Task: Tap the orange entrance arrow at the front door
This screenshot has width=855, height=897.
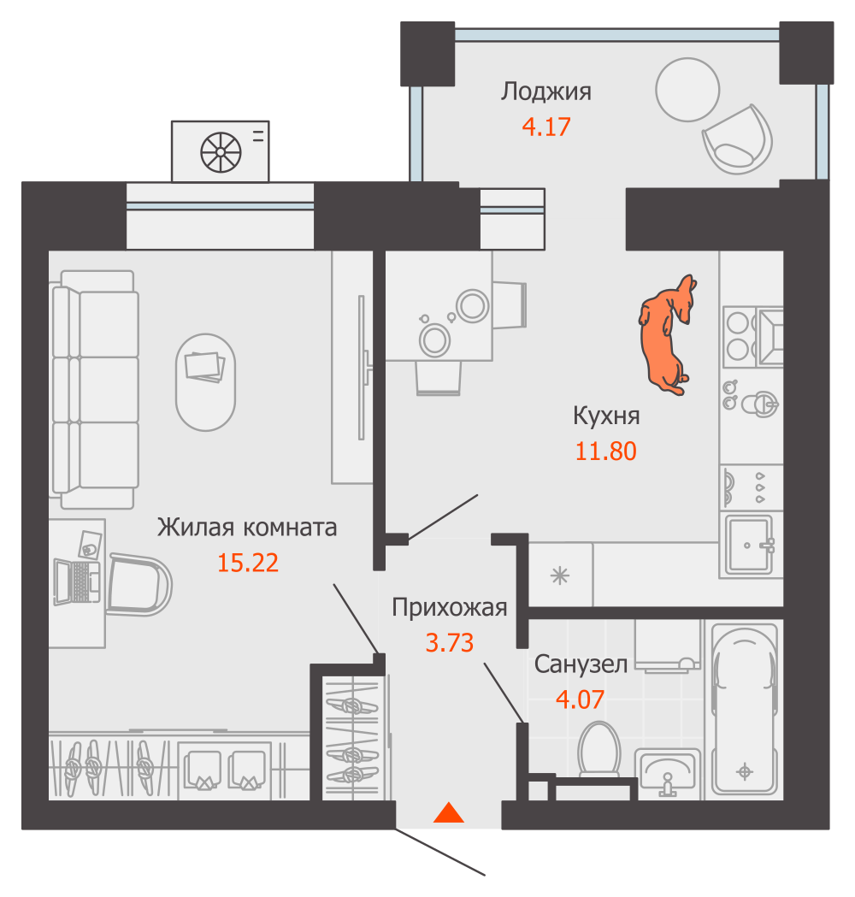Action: [x=449, y=813]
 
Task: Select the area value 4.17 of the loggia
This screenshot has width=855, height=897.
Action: [x=545, y=127]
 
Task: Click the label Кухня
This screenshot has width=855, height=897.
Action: [x=606, y=416]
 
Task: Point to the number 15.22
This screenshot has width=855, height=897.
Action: [x=248, y=563]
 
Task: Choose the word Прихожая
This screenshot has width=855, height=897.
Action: [x=449, y=608]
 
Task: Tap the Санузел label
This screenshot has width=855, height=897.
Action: [x=581, y=664]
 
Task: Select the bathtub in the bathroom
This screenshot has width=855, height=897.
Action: [x=745, y=710]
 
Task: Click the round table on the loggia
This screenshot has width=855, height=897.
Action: [x=687, y=89]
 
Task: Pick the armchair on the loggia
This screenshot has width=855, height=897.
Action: [x=737, y=140]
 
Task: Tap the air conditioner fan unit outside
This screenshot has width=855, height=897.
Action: [x=221, y=152]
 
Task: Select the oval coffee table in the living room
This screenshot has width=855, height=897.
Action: [x=205, y=381]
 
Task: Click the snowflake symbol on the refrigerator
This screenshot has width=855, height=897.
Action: [x=560, y=575]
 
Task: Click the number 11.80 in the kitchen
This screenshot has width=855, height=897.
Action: [x=605, y=451]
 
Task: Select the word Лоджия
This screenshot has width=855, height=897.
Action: [x=546, y=91]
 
